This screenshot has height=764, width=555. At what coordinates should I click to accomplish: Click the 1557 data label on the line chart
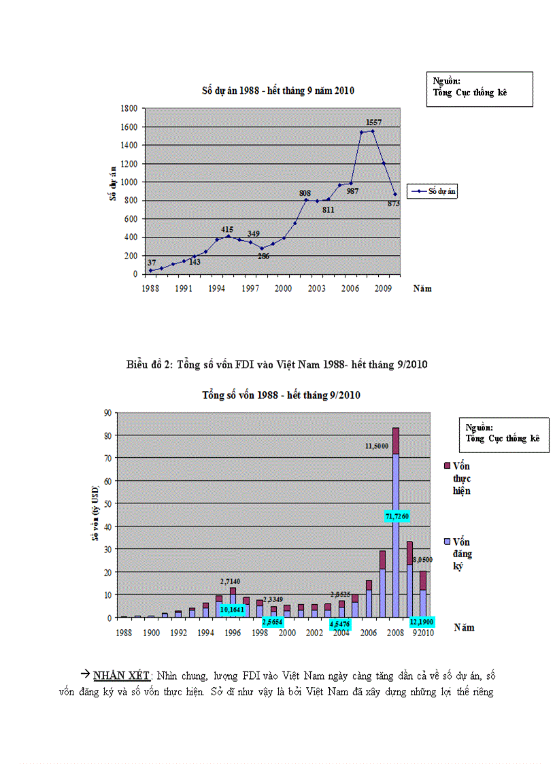pyautogui.click(x=373, y=122)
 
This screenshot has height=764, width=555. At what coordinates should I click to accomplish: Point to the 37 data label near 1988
pyautogui.click(x=151, y=263)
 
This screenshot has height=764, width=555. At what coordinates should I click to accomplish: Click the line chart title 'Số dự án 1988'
pyautogui.click(x=277, y=90)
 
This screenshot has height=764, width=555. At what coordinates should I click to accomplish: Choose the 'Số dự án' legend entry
pyautogui.click(x=433, y=192)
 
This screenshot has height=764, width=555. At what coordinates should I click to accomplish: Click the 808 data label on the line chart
pyautogui.click(x=305, y=193)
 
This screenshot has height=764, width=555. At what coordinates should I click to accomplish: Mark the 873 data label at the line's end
pyautogui.click(x=393, y=203)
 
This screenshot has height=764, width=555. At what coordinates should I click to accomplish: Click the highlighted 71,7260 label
pyautogui.click(x=396, y=517)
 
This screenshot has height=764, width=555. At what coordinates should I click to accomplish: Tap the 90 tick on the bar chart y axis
pyautogui.click(x=107, y=412)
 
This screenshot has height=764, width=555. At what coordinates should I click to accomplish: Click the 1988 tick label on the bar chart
pyautogui.click(x=123, y=633)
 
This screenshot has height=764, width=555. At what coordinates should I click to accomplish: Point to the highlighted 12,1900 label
pyautogui.click(x=422, y=622)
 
